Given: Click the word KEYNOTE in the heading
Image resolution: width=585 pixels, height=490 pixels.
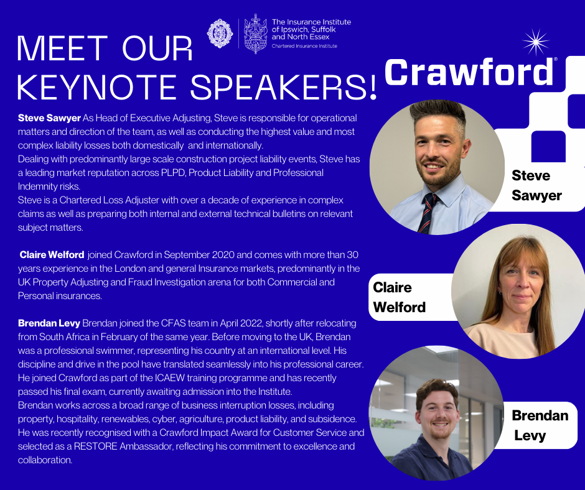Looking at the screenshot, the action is point(96,87).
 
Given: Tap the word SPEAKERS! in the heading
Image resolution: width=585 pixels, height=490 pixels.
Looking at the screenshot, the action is point(284,87).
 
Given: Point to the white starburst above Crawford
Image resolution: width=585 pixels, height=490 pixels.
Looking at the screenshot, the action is point(536,42).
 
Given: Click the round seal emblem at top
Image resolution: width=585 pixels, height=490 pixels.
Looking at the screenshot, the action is point(220,34).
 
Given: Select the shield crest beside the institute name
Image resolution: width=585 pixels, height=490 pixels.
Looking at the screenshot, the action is point(256,34).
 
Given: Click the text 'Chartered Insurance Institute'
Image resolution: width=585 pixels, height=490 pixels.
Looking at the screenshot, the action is point(304,46).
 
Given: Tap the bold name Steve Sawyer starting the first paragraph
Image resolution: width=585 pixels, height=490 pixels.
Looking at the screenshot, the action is point(49,118).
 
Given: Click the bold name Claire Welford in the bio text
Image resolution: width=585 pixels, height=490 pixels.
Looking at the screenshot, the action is point(52,255).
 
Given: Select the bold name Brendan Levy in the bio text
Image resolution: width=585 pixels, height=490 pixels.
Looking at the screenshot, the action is point(49,323).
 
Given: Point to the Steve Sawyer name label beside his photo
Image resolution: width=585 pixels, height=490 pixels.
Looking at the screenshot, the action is point(536,185).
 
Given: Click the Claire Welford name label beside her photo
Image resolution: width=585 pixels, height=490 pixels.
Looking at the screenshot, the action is point(399,297).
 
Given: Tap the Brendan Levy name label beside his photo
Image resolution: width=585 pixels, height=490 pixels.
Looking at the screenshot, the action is point(540,425).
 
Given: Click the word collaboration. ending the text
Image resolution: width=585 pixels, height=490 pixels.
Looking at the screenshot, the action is point(45,460).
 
